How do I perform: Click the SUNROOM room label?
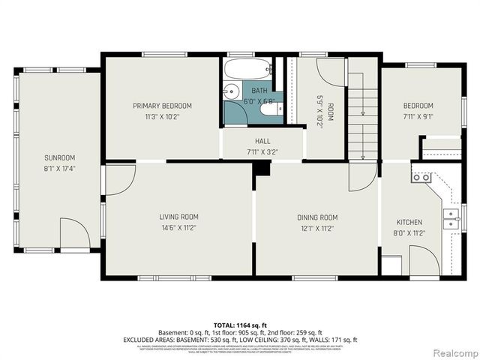(59, 157)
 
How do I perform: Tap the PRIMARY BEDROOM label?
(162, 106)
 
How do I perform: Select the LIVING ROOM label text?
(178, 217)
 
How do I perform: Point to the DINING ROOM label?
(317, 217)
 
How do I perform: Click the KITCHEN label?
(409, 222)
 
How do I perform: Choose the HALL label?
(262, 141)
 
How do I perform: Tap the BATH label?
(259, 91)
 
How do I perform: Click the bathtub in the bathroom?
(247, 70)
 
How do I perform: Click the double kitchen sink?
(451, 218)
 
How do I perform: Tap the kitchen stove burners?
(421, 178)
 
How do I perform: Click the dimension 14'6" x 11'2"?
(178, 228)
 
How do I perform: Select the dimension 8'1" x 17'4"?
(59, 168)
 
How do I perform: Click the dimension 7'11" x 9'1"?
(418, 116)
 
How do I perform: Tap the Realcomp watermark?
(448, 352)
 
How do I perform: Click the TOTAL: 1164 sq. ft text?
(240, 324)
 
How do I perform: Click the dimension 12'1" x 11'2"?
(317, 228)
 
